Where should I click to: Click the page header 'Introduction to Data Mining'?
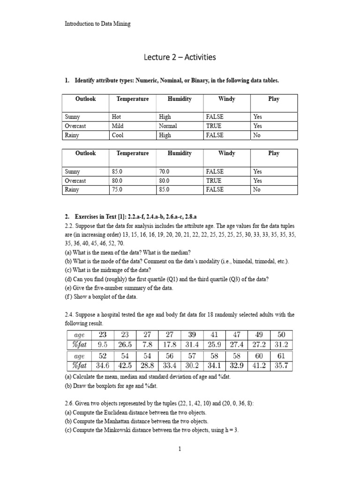coord(97,24)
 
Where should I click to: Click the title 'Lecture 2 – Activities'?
coord(180,57)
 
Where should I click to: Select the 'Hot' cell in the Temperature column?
coord(117,117)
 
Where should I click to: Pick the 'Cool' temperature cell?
coord(118,135)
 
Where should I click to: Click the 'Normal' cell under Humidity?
coord(168,126)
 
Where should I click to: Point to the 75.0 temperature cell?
coord(119,190)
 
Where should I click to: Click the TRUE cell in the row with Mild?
coord(213,126)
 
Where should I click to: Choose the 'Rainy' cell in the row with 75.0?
coord(72,190)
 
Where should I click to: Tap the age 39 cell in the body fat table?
coord(192,334)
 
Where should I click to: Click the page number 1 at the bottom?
coord(180,449)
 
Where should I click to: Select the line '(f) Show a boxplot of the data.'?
coord(101,296)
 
